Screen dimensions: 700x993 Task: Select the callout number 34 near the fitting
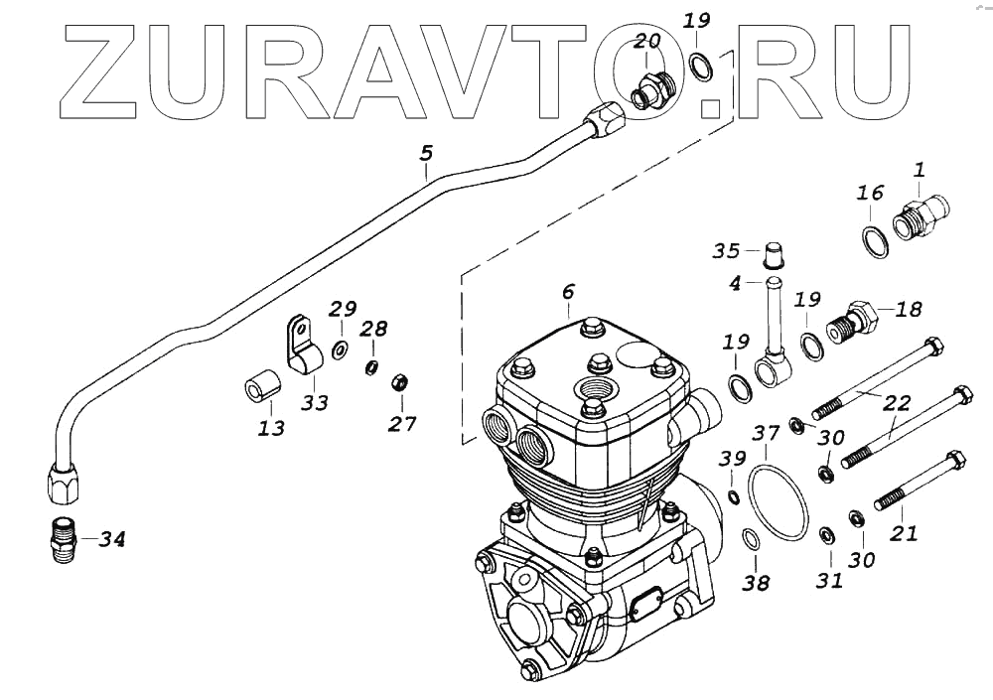(112, 540)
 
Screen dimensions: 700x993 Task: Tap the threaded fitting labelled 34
(64, 539)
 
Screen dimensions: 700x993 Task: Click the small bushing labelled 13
(260, 389)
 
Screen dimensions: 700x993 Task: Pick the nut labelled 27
(401, 381)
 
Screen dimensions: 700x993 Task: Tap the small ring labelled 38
(752, 540)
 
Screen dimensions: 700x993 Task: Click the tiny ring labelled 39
(732, 496)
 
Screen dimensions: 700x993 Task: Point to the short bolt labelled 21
(920, 483)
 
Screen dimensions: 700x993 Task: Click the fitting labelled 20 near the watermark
(650, 88)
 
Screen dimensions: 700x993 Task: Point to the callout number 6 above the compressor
(568, 292)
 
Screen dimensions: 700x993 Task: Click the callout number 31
(829, 580)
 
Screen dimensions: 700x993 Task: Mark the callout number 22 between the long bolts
(897, 402)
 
